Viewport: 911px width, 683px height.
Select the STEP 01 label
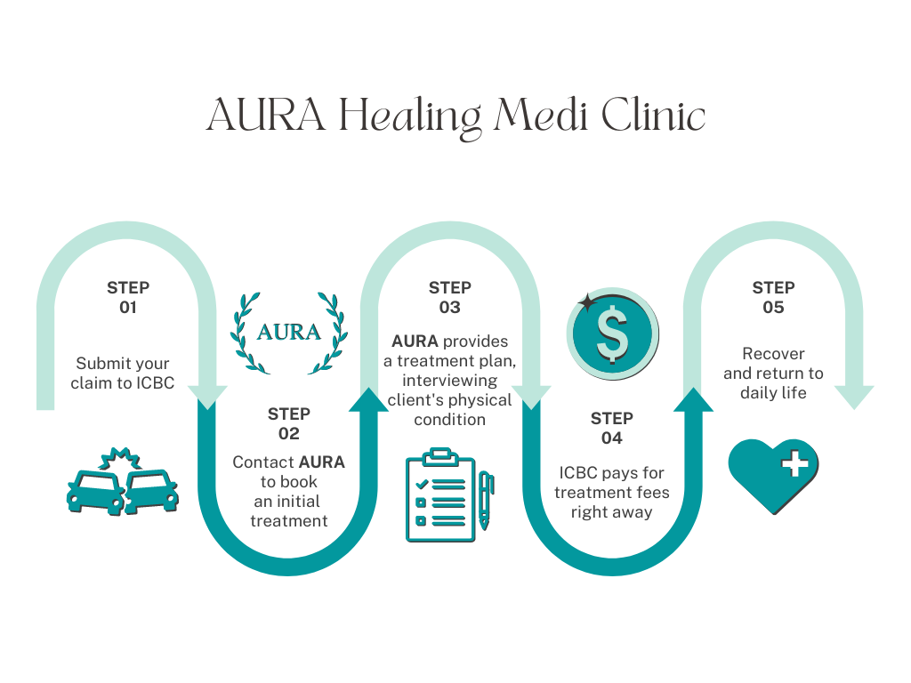click(128, 298)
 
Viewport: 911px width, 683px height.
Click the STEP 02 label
click(289, 423)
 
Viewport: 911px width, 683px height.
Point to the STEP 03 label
click(450, 298)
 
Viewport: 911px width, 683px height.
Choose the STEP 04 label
click(612, 428)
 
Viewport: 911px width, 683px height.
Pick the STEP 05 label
click(773, 298)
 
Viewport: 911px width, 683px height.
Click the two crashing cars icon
click(123, 485)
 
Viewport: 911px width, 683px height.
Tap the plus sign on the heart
click(795, 463)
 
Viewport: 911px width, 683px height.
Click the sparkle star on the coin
click(587, 302)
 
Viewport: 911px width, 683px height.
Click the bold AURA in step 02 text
click(322, 462)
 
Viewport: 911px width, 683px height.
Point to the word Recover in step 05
click(773, 354)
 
